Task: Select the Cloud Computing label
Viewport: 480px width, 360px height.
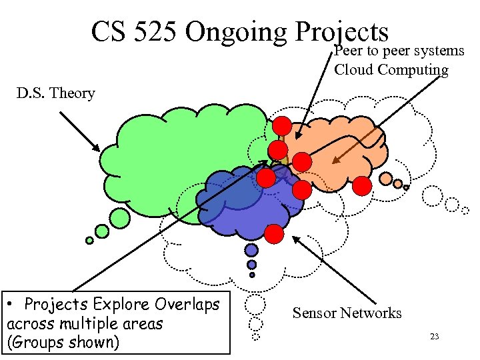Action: point(391,69)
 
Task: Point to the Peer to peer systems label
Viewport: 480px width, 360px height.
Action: point(399,51)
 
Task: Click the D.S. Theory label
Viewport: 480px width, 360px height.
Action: point(56,93)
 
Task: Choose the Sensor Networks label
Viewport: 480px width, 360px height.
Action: point(347,313)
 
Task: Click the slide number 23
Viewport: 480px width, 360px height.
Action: point(434,337)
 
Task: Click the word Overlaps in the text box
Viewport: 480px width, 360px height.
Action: point(188,305)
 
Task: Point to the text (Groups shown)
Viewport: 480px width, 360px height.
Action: point(63,343)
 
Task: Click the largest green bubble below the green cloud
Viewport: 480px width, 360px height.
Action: point(120,217)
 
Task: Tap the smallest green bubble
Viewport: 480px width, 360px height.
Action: point(89,241)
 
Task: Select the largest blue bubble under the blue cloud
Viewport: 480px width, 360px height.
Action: point(251,250)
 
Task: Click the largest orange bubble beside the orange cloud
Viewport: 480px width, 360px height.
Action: point(386,178)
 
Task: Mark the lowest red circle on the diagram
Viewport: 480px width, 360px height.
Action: point(273,234)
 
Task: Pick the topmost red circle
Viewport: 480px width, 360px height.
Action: point(281,125)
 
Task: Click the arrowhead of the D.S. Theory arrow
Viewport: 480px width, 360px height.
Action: point(99,151)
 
